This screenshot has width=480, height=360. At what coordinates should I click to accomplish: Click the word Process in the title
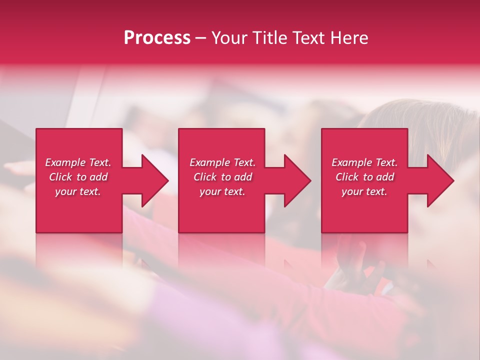pos(157,38)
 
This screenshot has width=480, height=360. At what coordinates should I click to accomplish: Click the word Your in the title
pos(229,38)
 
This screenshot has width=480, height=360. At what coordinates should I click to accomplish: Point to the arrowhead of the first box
pos(154,180)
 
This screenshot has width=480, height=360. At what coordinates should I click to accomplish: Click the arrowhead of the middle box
pos(297,180)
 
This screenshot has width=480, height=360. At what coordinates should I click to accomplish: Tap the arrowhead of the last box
pos(440,180)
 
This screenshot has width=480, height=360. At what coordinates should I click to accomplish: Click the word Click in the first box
pos(60,177)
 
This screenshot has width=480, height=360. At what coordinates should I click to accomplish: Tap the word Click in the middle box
pos(205,177)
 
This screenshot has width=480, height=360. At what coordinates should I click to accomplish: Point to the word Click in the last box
pos(347,177)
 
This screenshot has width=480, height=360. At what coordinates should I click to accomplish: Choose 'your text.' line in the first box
pos(78,191)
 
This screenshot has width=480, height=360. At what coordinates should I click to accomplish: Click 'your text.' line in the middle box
pos(222,191)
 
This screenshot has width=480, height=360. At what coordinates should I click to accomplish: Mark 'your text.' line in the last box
pos(364,191)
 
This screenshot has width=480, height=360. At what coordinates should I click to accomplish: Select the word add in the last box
pos(385,177)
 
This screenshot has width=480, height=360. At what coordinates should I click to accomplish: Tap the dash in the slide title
pos(201,38)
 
